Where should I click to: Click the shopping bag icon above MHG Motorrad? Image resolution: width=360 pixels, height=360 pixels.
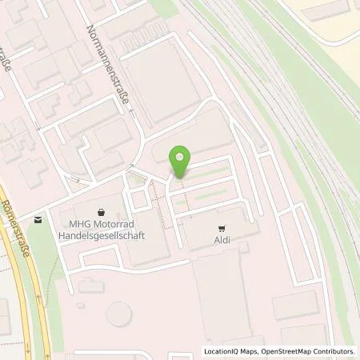tap(100, 212)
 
